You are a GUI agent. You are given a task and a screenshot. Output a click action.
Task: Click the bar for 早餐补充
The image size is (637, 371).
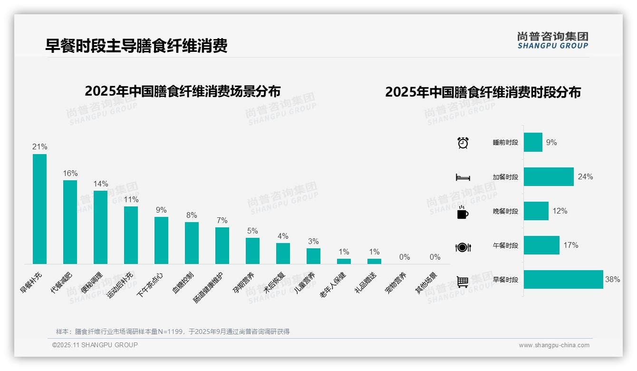click(x=39, y=209)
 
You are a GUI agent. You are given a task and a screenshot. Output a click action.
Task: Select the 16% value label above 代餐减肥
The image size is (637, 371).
click(x=70, y=173)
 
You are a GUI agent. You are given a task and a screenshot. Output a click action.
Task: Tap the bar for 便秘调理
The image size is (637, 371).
click(x=100, y=227)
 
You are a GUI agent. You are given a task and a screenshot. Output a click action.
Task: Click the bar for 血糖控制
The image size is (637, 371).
click(x=192, y=243)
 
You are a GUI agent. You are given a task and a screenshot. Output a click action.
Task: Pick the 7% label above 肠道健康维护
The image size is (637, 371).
click(x=222, y=220)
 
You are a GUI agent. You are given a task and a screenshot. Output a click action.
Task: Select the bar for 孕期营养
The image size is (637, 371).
click(x=252, y=251)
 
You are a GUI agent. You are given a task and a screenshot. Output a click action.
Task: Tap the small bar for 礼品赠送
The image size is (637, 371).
click(x=374, y=261)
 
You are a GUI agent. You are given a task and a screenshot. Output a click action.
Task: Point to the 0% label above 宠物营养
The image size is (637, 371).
click(x=405, y=257)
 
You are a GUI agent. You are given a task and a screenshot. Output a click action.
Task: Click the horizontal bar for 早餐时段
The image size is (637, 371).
click(x=563, y=280)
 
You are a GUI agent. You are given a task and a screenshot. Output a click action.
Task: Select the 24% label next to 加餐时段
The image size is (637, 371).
click(x=585, y=176)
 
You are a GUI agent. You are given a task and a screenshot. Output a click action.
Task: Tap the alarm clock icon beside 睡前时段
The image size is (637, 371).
click(x=463, y=143)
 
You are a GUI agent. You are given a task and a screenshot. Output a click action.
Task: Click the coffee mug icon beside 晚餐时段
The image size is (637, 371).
click(x=463, y=212)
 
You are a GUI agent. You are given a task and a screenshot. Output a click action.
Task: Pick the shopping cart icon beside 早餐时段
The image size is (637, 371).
click(x=463, y=282)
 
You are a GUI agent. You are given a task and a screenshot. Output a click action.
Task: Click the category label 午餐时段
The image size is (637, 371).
click(x=505, y=246)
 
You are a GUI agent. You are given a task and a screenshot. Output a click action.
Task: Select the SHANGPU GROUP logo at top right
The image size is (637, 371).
click(x=552, y=40)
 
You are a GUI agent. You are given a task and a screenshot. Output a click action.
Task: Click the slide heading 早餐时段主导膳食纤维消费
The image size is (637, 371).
click(x=136, y=46)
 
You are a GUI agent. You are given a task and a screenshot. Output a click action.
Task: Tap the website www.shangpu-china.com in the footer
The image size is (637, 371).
click(x=554, y=345)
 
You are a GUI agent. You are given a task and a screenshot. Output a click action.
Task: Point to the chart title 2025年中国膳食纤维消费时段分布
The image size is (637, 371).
click(x=483, y=92)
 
